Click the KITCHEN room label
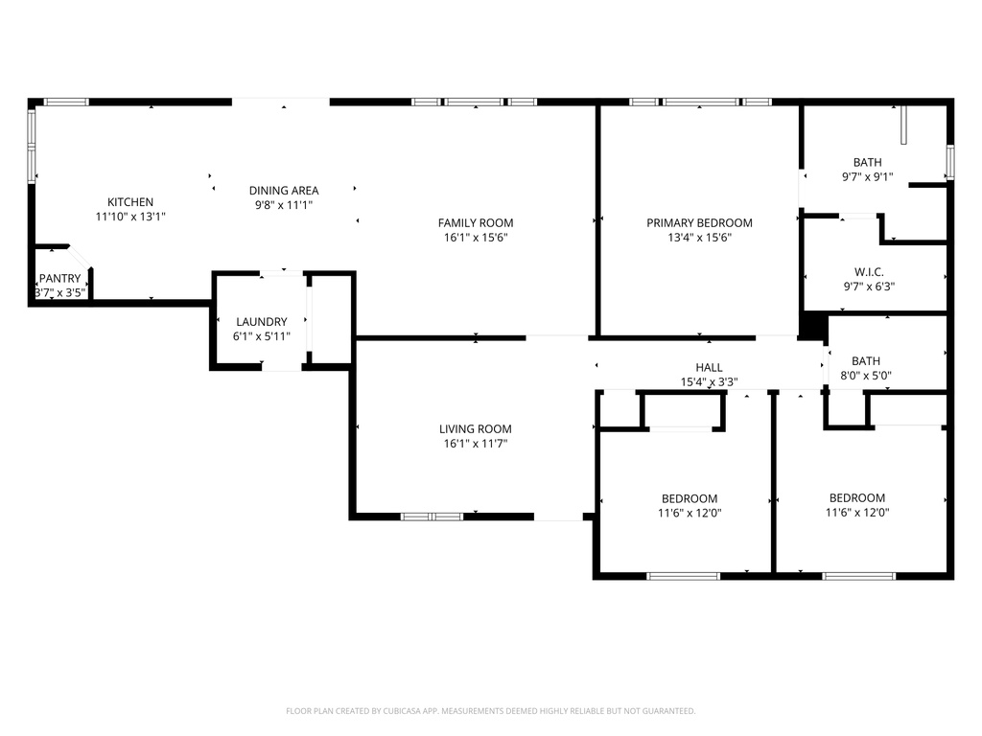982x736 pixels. [129, 202]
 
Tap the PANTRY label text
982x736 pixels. [60, 278]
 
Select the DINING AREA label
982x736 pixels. [284, 191]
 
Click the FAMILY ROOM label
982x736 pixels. [476, 223]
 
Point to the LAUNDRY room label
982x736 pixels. [261, 322]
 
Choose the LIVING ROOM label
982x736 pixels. [476, 429]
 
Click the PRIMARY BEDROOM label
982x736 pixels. [699, 223]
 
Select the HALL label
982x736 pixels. [709, 368]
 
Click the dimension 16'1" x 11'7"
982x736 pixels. [476, 444]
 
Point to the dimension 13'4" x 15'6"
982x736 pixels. [699, 238]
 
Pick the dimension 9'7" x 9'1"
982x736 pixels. [867, 177]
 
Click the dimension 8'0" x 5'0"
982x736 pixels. [865, 376]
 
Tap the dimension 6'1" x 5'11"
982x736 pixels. [261, 336]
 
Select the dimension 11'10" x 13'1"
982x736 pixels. [129, 217]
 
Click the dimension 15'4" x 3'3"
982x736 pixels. [709, 382]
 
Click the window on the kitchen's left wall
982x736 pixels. [32, 146]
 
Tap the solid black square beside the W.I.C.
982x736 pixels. [813, 326]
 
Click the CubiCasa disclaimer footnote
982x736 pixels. [490, 711]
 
